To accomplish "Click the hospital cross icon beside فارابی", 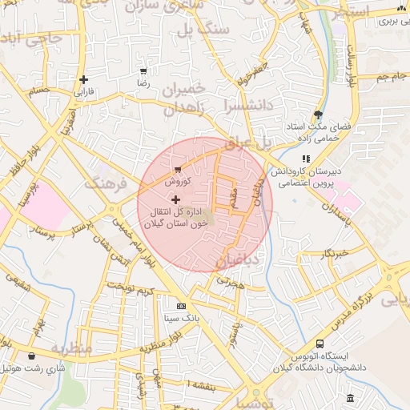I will (83, 79).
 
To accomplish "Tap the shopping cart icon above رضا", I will (143, 71).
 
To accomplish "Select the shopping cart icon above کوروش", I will (177, 170).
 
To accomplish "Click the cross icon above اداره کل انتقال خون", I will (175, 199).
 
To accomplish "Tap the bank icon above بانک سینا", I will (181, 306).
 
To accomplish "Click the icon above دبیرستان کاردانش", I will (306, 159).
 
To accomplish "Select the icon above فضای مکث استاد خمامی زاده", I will (318, 115).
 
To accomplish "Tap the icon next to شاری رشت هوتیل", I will (31, 356).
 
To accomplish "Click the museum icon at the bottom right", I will (350, 398).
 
